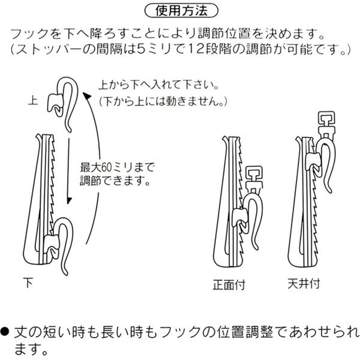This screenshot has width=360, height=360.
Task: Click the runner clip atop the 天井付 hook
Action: [324, 121]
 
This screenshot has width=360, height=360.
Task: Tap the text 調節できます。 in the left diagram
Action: [114, 182]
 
